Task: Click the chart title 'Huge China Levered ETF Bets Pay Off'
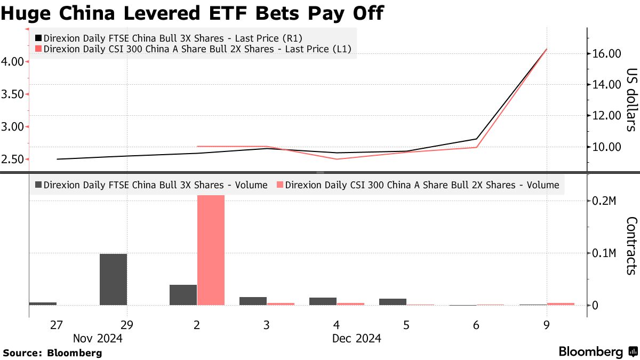pos(192,13)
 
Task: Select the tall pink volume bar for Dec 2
pos(211,250)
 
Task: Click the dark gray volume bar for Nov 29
pos(114,279)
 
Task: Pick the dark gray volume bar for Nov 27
pos(43,303)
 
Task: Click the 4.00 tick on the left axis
pos(13,61)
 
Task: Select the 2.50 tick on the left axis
pos(13,159)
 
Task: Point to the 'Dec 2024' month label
pos(356,338)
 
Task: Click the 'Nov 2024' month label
pos(98,338)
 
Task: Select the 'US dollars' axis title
pos(631,100)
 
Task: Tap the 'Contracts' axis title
pos(631,245)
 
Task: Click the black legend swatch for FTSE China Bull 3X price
pos(38,38)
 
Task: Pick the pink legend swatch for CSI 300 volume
pos(280,186)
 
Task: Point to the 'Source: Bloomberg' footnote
pos(52,353)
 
